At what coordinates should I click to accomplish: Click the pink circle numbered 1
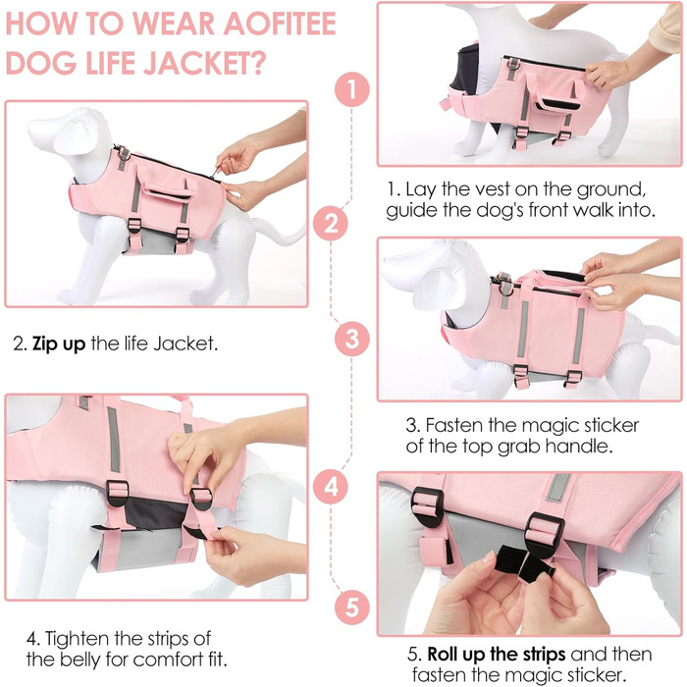(351, 89)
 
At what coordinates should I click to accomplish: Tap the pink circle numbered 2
(331, 224)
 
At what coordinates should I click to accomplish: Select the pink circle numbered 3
(351, 340)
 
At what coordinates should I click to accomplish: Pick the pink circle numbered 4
(331, 487)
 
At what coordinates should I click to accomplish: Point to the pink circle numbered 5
(351, 608)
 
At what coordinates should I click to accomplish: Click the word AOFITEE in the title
(280, 24)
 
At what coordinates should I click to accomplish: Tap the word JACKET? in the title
(205, 63)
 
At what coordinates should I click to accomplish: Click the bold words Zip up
(59, 343)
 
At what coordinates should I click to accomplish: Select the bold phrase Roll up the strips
(497, 655)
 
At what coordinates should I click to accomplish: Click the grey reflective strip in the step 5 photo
(557, 487)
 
